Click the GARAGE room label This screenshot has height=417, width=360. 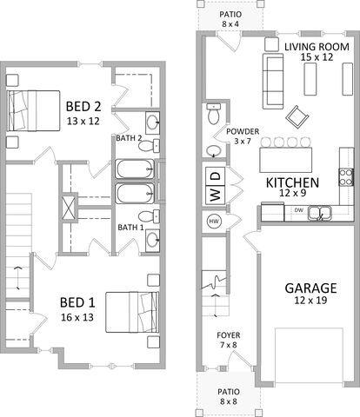[x=310, y=288]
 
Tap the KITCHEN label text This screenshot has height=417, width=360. [x=292, y=182]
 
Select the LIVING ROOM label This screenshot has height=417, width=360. [x=317, y=47]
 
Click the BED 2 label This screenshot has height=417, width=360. [x=83, y=106]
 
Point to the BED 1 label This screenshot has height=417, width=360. [x=77, y=302]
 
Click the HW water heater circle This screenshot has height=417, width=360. [x=214, y=222]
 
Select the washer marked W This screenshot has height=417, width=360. [x=216, y=195]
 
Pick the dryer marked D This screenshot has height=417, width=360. [x=216, y=176]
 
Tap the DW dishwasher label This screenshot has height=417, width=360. [x=299, y=210]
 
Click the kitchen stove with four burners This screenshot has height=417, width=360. [x=346, y=177]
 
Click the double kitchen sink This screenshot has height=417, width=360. [x=319, y=213]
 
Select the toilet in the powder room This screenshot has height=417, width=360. [x=214, y=114]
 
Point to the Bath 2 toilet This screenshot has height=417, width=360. [x=149, y=146]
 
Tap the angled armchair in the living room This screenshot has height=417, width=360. [x=297, y=116]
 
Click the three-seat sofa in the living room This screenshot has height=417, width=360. [x=273, y=81]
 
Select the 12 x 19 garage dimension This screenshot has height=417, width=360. [x=310, y=301]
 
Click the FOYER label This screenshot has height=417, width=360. [x=229, y=335]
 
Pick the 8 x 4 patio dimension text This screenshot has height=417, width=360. [x=230, y=23]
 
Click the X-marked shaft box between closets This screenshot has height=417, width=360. [x=70, y=208]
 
